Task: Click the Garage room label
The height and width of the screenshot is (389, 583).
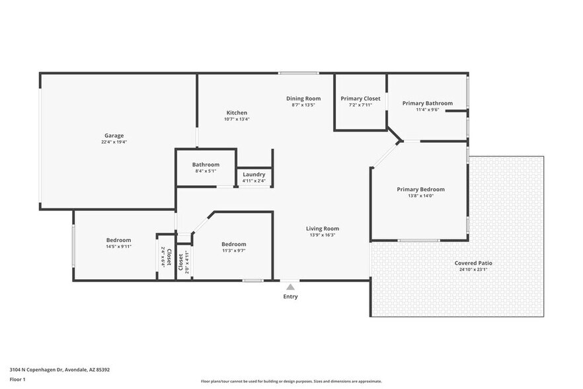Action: (114, 136)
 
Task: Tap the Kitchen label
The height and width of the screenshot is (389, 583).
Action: (237, 113)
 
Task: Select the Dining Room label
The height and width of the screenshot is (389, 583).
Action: (303, 99)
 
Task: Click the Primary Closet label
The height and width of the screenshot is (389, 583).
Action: (360, 99)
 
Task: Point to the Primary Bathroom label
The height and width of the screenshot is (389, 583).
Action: (428, 103)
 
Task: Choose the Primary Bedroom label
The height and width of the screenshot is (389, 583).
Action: (420, 189)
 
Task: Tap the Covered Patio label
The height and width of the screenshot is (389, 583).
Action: (473, 263)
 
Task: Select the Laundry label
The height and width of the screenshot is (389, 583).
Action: (254, 175)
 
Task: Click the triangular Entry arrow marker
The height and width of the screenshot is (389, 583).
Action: (290, 287)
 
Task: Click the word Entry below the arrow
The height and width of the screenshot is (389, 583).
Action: (290, 296)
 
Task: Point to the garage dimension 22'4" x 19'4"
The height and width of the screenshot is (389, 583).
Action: (114, 142)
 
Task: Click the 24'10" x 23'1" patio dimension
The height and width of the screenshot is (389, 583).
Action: (473, 269)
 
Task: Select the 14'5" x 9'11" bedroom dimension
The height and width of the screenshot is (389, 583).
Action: (119, 247)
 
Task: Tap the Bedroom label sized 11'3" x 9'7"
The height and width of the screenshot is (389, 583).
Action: (234, 244)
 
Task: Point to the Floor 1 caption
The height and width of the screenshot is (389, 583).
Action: (18, 379)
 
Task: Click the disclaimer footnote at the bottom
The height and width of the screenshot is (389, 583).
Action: (291, 382)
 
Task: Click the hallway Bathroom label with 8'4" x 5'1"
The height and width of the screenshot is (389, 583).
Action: (206, 165)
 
